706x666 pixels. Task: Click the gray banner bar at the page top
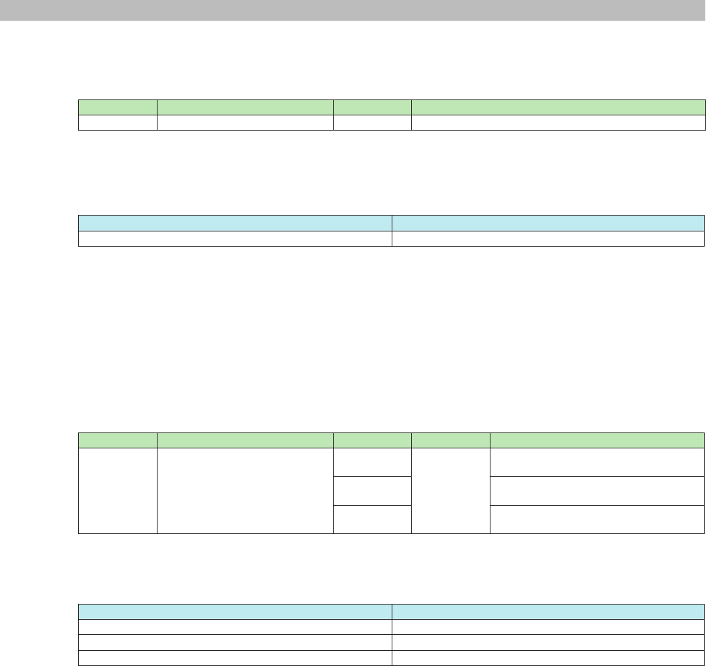[x=353, y=10]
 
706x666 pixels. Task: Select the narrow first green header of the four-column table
[x=117, y=107]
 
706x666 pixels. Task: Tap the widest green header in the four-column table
[x=558, y=107]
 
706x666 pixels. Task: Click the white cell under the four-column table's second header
[x=245, y=122]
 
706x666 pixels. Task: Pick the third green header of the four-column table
[x=372, y=107]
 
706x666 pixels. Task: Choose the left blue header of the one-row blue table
[x=235, y=222]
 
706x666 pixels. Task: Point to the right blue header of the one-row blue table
[x=548, y=222]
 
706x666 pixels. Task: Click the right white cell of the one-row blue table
[x=548, y=238]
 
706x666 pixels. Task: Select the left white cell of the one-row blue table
[x=235, y=238]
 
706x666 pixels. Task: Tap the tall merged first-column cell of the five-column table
[x=117, y=491]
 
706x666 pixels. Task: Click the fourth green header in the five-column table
[x=450, y=440]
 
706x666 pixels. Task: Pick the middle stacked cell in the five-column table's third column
[x=372, y=490]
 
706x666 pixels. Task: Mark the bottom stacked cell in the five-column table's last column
[x=597, y=519]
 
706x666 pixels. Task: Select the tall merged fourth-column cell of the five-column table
[x=450, y=491]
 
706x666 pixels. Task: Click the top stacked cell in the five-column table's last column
[x=597, y=462]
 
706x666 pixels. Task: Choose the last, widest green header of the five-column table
[x=597, y=440]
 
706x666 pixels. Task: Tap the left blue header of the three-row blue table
[x=235, y=611]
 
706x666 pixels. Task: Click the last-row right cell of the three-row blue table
[x=548, y=657]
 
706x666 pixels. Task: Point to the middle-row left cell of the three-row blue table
[x=235, y=642]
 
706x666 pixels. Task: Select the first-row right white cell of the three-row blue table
[x=548, y=626]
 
